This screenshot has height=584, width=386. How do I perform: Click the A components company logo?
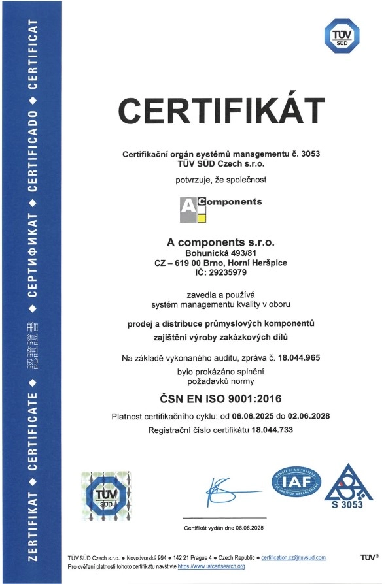(221, 208)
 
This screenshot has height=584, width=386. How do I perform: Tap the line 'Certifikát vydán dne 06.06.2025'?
(222, 527)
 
